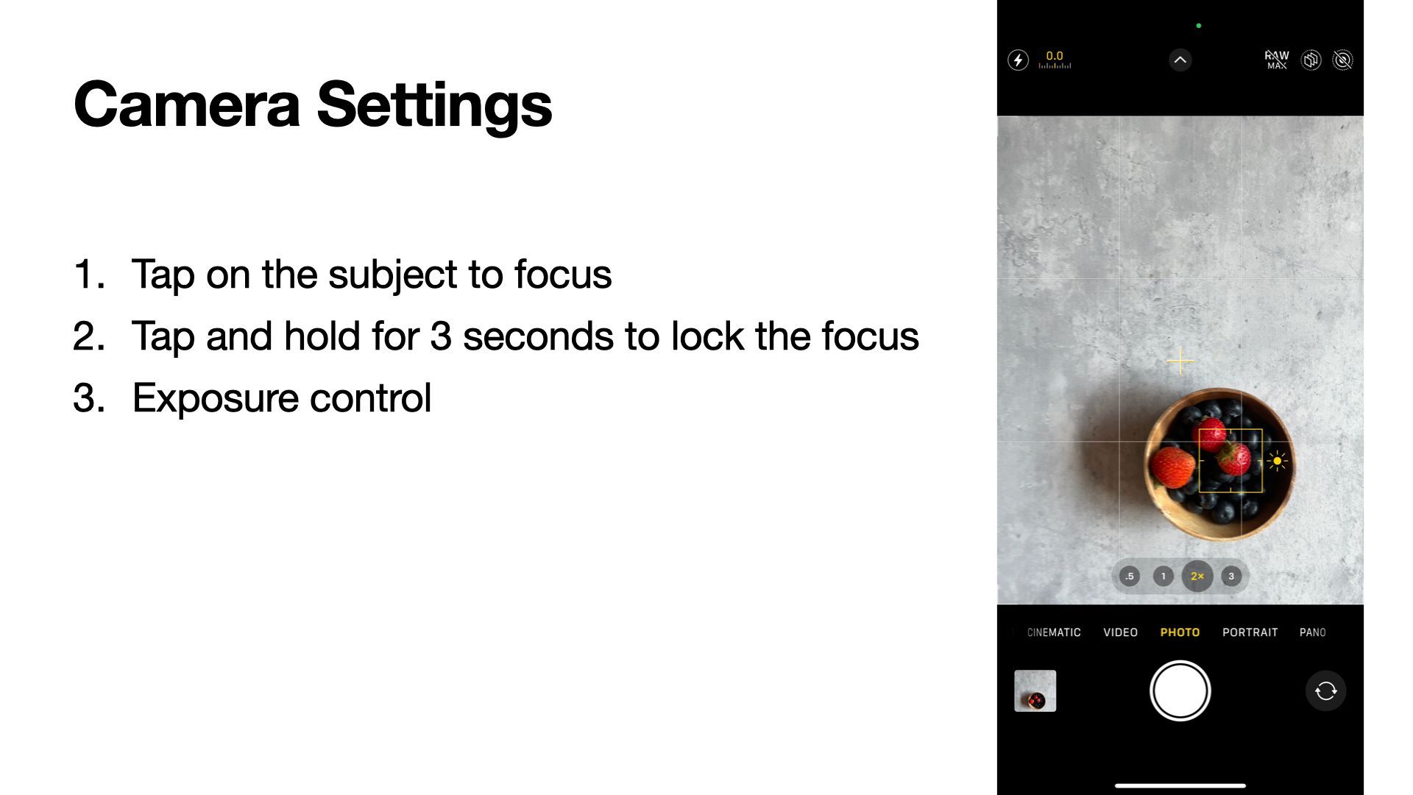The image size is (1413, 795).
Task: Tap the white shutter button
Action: click(x=1180, y=690)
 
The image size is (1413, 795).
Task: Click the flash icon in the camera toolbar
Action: click(x=1018, y=60)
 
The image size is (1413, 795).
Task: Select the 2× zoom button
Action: click(x=1197, y=576)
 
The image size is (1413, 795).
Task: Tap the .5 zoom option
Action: click(x=1130, y=576)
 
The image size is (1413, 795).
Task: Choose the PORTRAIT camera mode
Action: click(x=1250, y=632)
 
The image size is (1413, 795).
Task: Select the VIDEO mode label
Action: click(x=1120, y=632)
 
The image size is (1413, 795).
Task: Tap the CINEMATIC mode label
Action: click(x=1054, y=632)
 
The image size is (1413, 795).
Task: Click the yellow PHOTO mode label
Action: click(x=1180, y=632)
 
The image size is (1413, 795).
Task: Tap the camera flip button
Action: click(x=1325, y=690)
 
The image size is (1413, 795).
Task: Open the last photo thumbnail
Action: click(x=1035, y=690)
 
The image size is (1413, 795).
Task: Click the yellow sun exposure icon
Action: click(x=1277, y=462)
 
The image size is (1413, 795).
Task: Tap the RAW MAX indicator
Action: click(x=1277, y=60)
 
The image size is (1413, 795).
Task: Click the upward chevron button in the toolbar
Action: click(x=1180, y=60)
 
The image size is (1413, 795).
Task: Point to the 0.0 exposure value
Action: click(x=1055, y=56)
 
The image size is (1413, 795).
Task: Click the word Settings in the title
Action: click(x=434, y=105)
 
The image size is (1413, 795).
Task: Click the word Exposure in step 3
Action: click(x=215, y=399)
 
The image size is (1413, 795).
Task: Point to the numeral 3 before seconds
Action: click(x=440, y=336)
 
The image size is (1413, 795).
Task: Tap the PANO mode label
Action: click(x=1312, y=632)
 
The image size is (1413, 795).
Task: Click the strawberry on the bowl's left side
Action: click(x=1173, y=467)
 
